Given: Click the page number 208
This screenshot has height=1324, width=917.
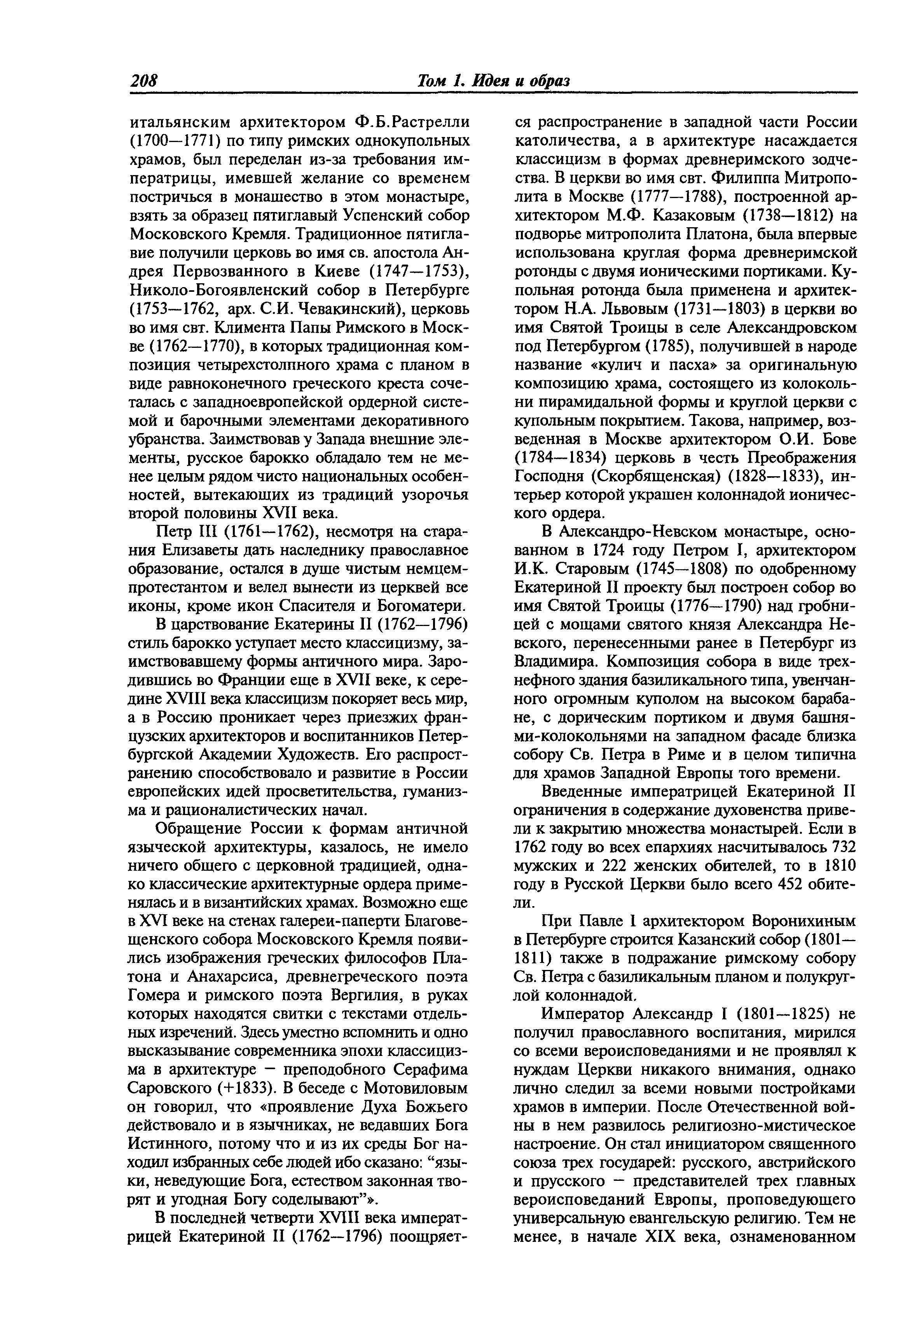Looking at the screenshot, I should pos(144,81).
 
